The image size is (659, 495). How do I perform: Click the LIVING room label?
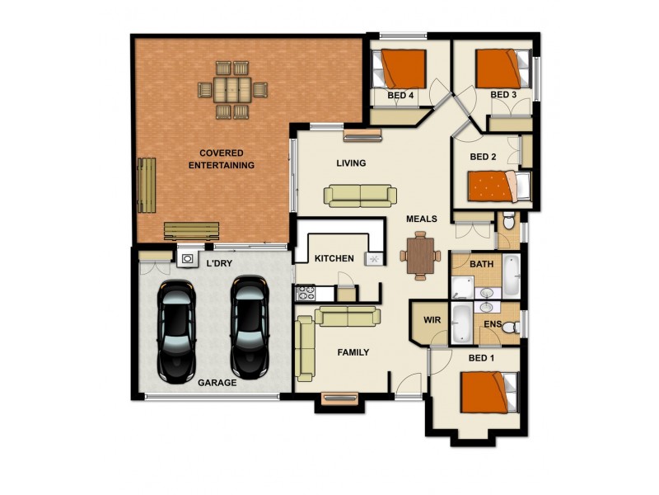point(350,163)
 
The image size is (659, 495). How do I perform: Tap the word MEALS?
point(421,219)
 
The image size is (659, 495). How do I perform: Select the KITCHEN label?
point(334,258)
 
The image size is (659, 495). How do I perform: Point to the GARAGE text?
point(217,383)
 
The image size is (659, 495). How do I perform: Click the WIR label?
point(430,318)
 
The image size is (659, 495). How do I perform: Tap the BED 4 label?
point(400,96)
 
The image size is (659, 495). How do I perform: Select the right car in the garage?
point(250,323)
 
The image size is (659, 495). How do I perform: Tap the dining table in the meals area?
point(419,253)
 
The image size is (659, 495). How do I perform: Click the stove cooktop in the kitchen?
point(306,292)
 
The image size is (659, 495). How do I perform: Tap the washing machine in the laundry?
point(188,259)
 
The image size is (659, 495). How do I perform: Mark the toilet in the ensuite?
point(510,328)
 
